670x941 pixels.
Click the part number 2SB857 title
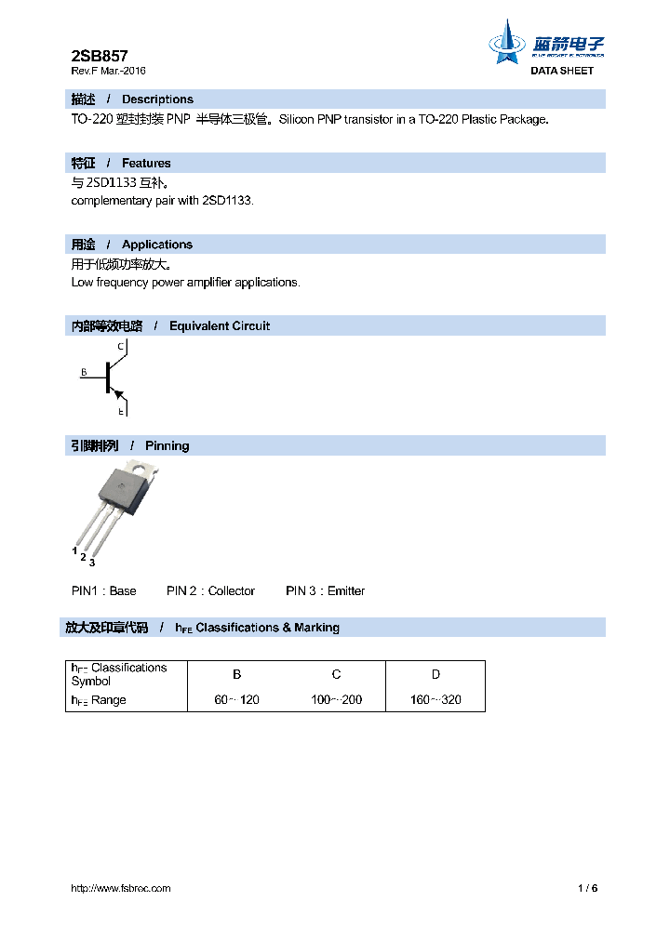100,56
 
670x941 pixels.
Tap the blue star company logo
508,42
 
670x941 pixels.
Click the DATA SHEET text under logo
561,71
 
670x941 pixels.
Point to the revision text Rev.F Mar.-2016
108,71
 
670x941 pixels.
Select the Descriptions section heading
157,99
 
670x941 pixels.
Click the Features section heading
146,163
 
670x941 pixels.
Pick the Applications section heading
156,245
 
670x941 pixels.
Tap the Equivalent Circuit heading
219,325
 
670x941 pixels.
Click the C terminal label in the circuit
121,347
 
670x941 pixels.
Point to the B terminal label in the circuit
83,373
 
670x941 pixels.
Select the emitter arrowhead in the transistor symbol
118,394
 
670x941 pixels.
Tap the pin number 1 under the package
74,551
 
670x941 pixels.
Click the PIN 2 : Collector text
210,591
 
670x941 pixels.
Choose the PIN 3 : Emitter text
325,591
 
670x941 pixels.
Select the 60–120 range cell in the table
236,700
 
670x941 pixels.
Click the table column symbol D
435,674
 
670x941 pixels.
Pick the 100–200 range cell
336,700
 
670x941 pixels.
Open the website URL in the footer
121,888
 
